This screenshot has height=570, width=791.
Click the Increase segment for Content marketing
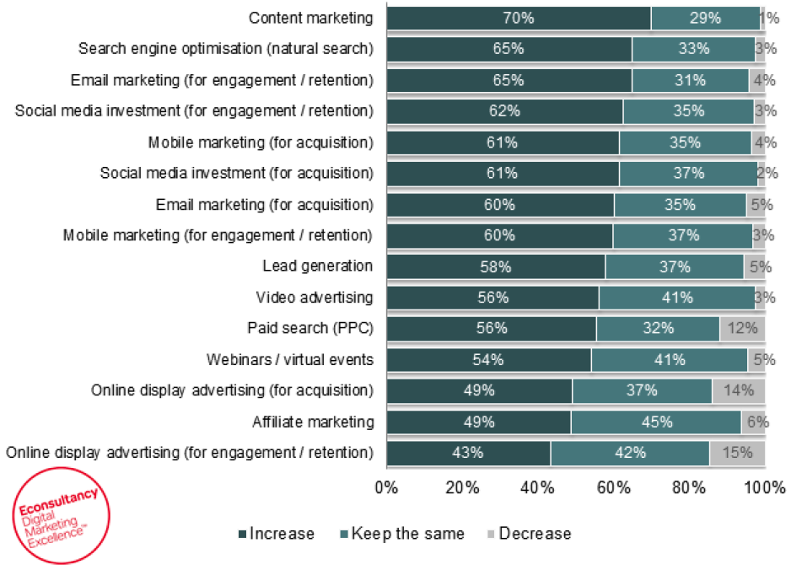pyautogui.click(x=519, y=18)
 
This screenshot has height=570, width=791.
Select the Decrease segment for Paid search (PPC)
pyautogui.click(x=742, y=329)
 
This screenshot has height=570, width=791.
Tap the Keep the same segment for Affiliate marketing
pyautogui.click(x=656, y=422)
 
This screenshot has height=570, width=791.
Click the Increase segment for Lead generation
pyautogui.click(x=496, y=266)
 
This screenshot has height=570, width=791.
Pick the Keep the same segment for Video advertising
pyautogui.click(x=677, y=298)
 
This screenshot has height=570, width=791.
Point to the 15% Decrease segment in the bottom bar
pyautogui.click(x=737, y=453)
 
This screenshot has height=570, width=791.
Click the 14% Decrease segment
pyautogui.click(x=739, y=391)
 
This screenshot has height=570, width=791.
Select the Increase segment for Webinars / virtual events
pyautogui.click(x=488, y=360)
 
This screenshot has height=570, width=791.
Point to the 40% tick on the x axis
pyautogui.click(x=538, y=487)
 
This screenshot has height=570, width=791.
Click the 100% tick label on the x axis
pyautogui.click(x=765, y=487)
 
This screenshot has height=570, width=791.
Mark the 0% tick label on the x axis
pyautogui.click(x=386, y=487)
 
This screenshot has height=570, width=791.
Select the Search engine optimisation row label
pyautogui.click(x=225, y=49)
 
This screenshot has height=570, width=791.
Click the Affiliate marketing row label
pyautogui.click(x=312, y=422)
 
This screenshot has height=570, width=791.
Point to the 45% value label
pyautogui.click(x=656, y=422)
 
